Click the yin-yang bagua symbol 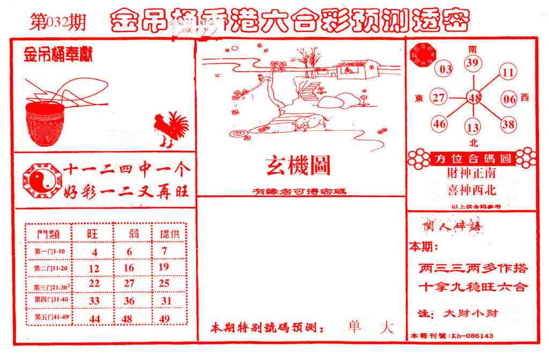(38, 181)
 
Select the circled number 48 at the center (474, 98)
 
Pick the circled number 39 (472, 64)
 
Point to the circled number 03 (446, 69)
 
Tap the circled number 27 (439, 98)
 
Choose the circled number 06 (509, 99)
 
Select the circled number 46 (440, 124)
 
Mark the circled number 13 (472, 128)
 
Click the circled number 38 (508, 124)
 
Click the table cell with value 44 (94, 319)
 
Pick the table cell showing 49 (165, 319)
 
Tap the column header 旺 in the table (93, 234)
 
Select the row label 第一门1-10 (49, 252)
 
